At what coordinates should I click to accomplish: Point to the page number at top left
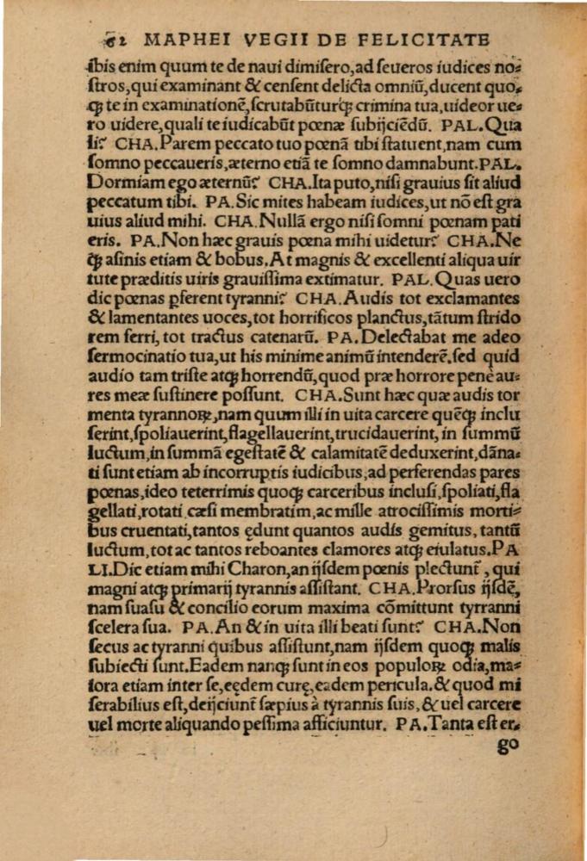(x=112, y=40)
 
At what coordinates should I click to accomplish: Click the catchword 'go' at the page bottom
(x=509, y=746)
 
